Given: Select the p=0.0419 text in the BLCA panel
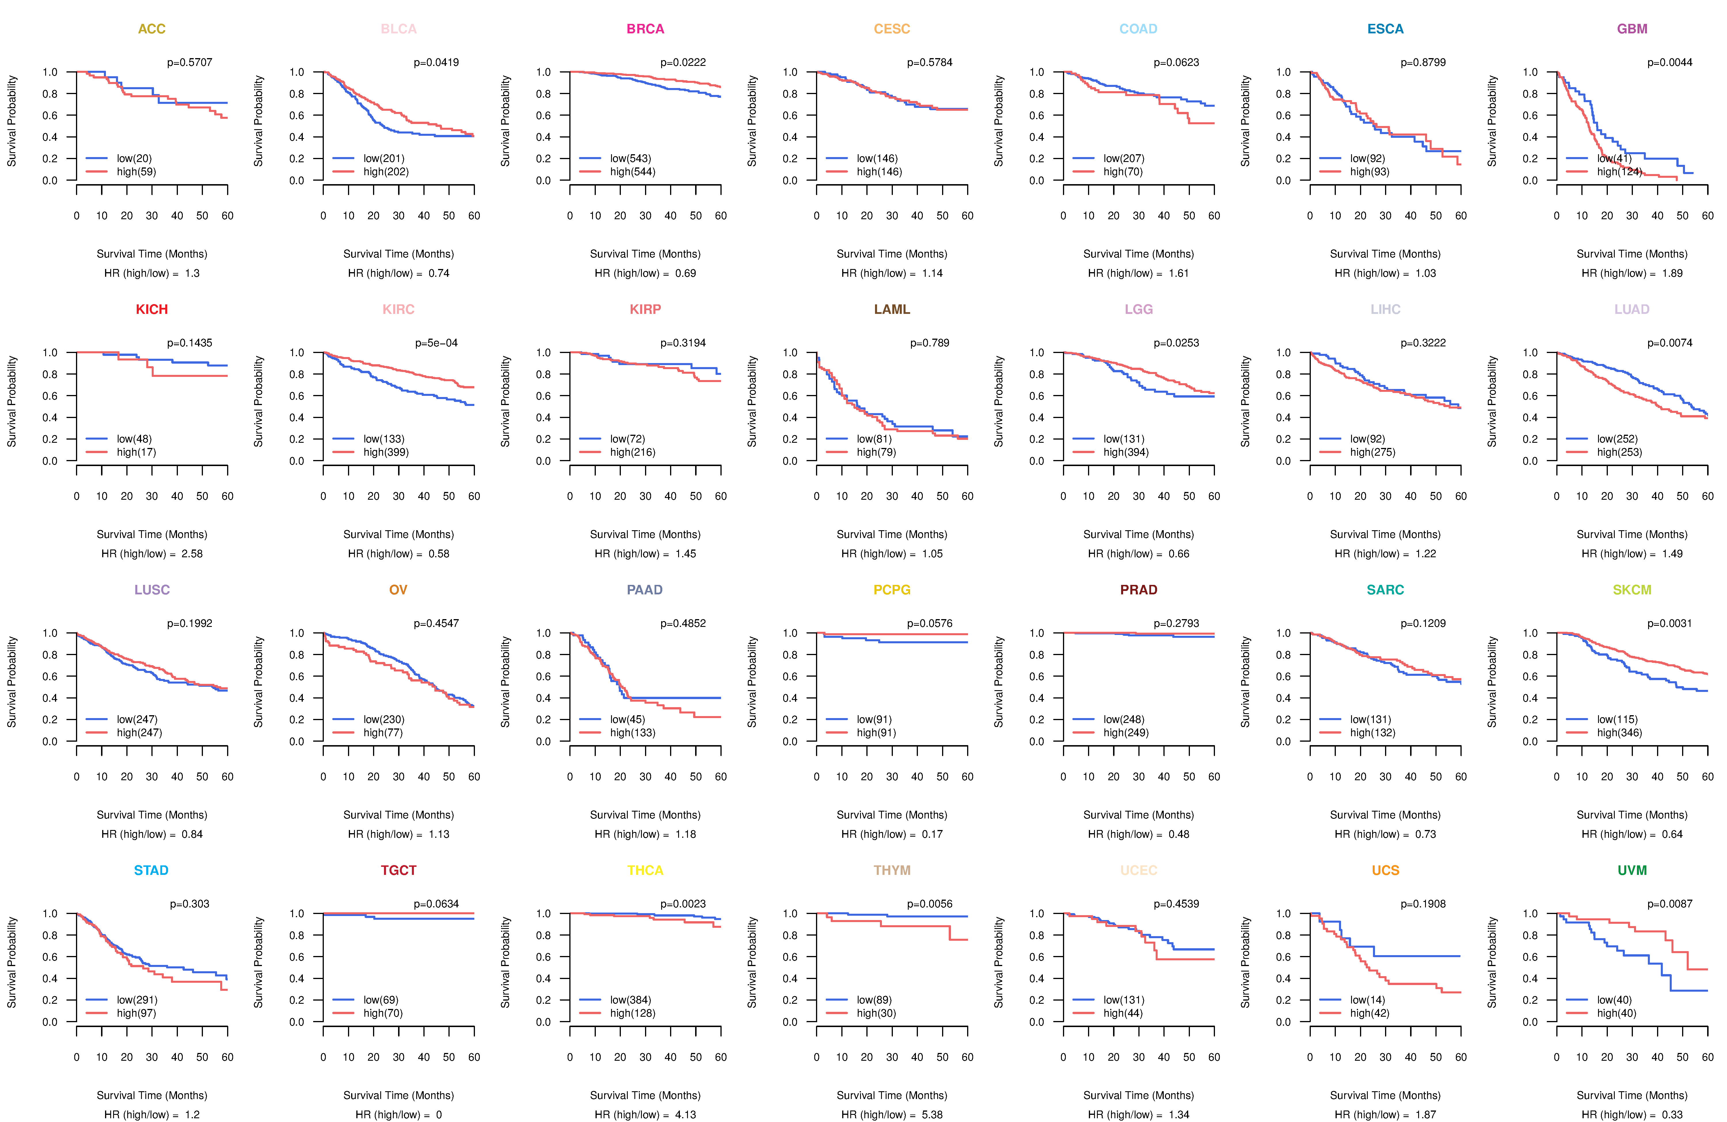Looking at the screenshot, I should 436,62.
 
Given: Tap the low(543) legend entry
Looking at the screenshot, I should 630,158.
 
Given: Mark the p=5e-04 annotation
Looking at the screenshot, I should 436,343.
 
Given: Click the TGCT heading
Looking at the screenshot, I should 398,870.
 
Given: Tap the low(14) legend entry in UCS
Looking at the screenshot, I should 1367,999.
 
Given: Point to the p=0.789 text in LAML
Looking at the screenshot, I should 929,343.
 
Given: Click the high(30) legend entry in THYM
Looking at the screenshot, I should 876,1013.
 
